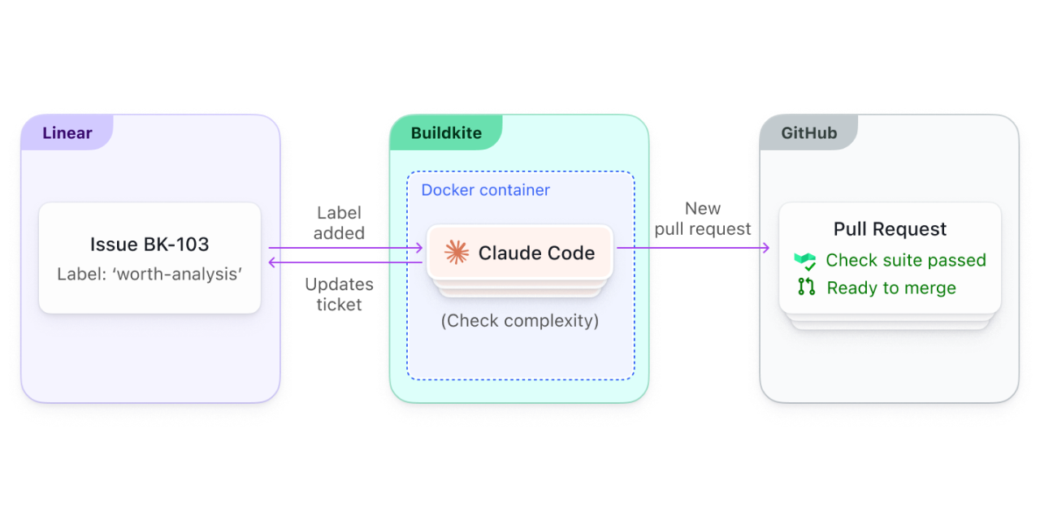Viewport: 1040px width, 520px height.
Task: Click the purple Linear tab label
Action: pyautogui.click(x=67, y=133)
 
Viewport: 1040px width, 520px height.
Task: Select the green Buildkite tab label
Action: pyautogui.click(x=446, y=133)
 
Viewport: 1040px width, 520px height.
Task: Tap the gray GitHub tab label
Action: pyautogui.click(x=808, y=133)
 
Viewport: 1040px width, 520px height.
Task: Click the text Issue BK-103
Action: pyautogui.click(x=149, y=245)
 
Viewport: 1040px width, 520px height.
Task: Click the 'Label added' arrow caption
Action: pyautogui.click(x=339, y=223)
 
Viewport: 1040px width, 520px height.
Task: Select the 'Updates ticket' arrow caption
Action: pyautogui.click(x=339, y=294)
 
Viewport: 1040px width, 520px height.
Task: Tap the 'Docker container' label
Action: pyautogui.click(x=485, y=190)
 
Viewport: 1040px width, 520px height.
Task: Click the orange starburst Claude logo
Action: pyautogui.click(x=457, y=253)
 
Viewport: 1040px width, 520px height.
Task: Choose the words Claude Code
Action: pyautogui.click(x=536, y=253)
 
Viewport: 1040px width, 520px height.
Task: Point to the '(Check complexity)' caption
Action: pyautogui.click(x=520, y=321)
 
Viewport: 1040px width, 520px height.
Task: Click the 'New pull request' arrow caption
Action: pyautogui.click(x=702, y=219)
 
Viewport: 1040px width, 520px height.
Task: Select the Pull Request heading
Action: pyautogui.click(x=890, y=229)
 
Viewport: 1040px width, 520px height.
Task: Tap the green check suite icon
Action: pyautogui.click(x=805, y=261)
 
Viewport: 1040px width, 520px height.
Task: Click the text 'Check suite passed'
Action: pyautogui.click(x=905, y=261)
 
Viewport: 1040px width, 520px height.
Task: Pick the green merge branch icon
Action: pyautogui.click(x=806, y=287)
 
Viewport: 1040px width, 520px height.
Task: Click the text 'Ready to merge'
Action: pyautogui.click(x=890, y=288)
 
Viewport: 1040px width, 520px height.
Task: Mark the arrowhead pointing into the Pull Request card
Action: pyautogui.click(x=765, y=248)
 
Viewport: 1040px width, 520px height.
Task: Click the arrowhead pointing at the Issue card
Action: pyautogui.click(x=273, y=262)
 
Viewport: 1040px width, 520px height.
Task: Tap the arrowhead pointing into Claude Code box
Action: pyautogui.click(x=419, y=248)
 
